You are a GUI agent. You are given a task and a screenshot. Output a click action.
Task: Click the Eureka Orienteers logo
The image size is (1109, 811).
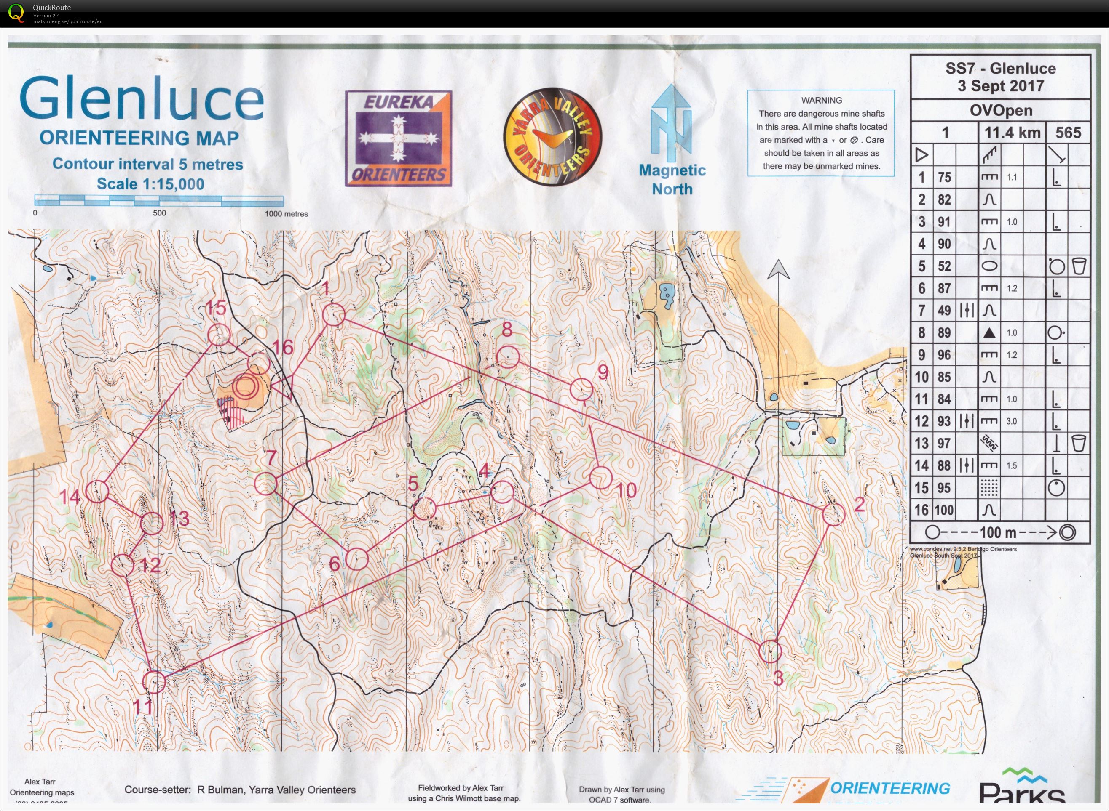pos(399,138)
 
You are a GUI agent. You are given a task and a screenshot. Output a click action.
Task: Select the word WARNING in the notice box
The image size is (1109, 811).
pos(822,100)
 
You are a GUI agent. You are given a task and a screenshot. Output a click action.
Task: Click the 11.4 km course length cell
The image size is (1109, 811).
pos(1012,133)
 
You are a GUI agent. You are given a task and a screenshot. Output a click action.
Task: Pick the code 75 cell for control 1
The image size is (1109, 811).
pos(944,177)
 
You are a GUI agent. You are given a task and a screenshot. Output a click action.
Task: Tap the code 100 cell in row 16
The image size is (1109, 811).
pos(943,510)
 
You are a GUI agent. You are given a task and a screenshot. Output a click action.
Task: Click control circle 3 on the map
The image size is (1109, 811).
pos(770,651)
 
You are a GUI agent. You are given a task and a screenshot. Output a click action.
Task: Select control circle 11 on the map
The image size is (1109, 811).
pos(154,682)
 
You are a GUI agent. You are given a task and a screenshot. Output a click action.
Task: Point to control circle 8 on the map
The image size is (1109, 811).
pos(508,357)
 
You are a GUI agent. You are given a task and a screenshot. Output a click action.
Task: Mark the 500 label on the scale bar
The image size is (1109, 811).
pos(159,213)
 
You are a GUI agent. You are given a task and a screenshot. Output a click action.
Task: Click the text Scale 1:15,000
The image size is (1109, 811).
pos(150,184)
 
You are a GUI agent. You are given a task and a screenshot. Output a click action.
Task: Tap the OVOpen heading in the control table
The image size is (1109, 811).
pos(1000,110)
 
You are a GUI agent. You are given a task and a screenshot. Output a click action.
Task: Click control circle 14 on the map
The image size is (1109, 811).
pos(97,490)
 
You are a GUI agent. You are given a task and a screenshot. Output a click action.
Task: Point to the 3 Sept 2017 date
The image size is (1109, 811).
pos(1000,86)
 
